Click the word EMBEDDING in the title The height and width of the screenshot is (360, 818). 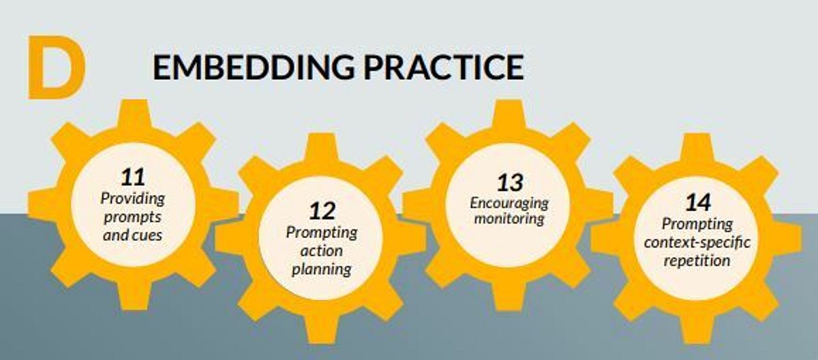(254, 67)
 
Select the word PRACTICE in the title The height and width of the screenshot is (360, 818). (444, 67)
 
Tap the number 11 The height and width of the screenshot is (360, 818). (133, 177)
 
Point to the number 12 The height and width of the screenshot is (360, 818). (322, 211)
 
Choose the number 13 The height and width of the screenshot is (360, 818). (510, 183)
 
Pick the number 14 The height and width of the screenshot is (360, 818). (698, 202)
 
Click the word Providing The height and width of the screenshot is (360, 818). (133, 199)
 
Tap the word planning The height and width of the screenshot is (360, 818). (322, 270)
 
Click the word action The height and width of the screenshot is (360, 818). (322, 251)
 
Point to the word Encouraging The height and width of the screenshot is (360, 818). (509, 204)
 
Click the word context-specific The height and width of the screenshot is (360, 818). (697, 243)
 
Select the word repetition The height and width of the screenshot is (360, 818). (697, 261)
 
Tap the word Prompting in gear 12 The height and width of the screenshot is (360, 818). (322, 233)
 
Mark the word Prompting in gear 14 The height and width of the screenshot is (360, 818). (697, 224)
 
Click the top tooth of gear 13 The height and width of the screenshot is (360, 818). (509, 114)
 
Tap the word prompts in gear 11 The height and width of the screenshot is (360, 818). (132, 217)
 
